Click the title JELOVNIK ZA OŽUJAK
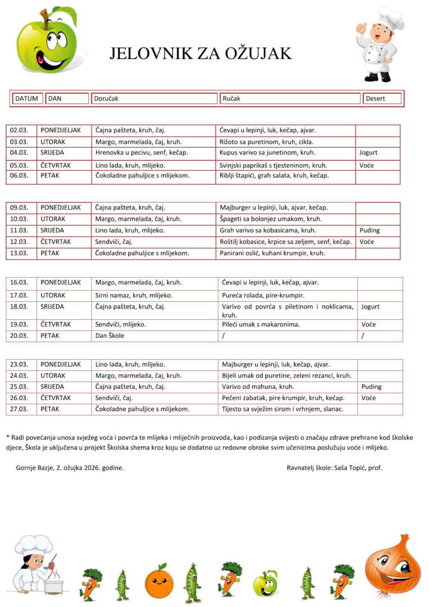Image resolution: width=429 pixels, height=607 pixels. (x=200, y=53)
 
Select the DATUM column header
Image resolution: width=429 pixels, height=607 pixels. (x=26, y=98)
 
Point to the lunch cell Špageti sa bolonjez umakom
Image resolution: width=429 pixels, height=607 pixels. (x=271, y=219)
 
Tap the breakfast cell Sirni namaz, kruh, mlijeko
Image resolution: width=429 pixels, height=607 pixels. (x=134, y=295)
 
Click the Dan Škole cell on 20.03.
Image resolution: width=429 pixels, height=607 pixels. (x=110, y=336)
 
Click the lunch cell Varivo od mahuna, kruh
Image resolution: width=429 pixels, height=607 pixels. (x=258, y=387)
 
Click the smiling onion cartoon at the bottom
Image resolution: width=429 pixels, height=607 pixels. (x=393, y=565)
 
